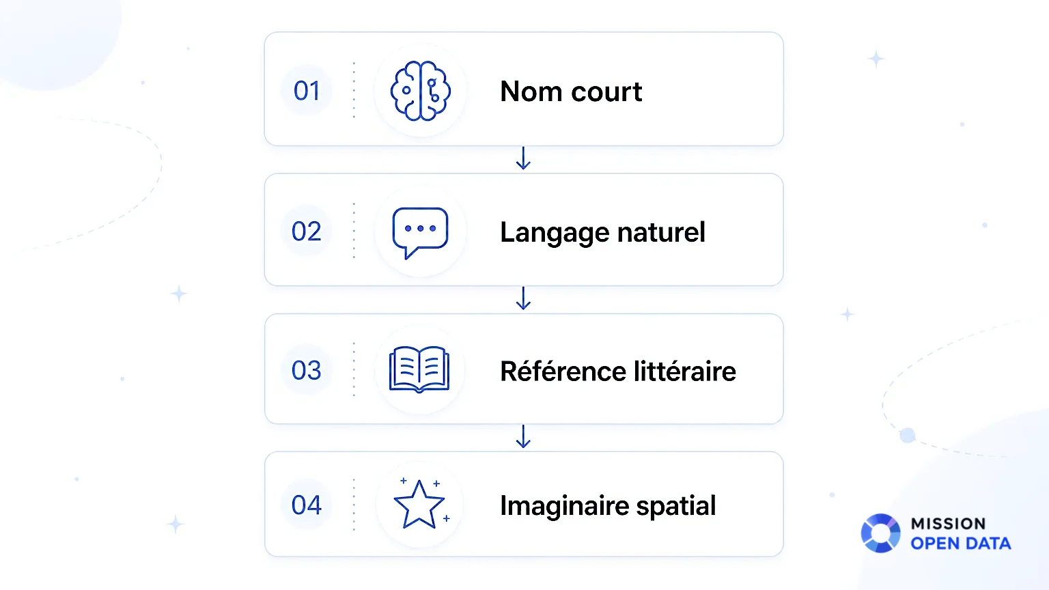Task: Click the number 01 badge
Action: pos(307,90)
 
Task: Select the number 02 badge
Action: pos(307,231)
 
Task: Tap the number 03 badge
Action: pos(307,370)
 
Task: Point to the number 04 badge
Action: pos(307,505)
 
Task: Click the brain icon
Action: pos(420,91)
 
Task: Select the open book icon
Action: pos(419,369)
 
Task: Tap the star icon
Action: pos(421,503)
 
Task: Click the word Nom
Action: pos(531,91)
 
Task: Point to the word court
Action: pos(607,92)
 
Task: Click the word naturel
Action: pos(661,231)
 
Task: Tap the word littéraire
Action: pos(685,371)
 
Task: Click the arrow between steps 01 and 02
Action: pos(523,158)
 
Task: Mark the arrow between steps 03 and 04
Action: pos(523,436)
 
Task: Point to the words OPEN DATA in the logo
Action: pos(960,543)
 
